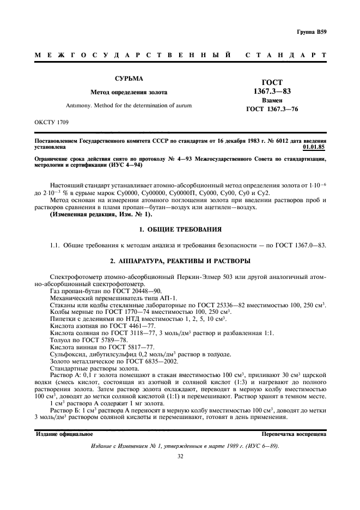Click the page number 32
pyautogui.click(x=180, y=457)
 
